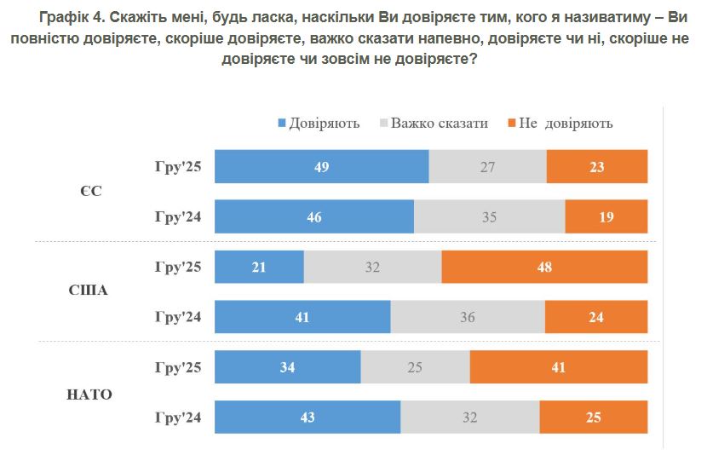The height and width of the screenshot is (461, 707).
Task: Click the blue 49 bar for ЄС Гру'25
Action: coord(321,167)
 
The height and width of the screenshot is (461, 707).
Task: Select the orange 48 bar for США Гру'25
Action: coord(544,267)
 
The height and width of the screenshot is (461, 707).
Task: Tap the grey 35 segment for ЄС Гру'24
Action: coord(489,216)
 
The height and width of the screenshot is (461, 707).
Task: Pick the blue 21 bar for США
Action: coord(259,267)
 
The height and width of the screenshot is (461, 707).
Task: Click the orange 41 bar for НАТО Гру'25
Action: coord(558,367)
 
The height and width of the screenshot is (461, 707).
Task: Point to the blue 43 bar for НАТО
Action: coord(308,418)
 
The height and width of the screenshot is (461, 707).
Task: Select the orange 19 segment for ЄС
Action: coord(606,216)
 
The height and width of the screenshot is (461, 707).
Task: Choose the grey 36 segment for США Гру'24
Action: coord(467,317)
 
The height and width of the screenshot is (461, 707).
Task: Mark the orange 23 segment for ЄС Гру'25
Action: coord(596,167)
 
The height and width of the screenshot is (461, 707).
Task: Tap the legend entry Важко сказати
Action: coord(439,123)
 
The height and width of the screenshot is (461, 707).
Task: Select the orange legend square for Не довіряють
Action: coord(511,124)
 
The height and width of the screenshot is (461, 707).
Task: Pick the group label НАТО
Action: coord(89,394)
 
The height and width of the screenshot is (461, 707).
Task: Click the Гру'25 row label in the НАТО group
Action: coord(177,367)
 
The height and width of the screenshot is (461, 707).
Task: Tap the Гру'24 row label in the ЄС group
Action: coord(177,216)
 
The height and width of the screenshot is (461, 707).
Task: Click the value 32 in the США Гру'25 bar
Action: coord(372,267)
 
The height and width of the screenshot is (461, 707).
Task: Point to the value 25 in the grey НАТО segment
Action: coord(415,367)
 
